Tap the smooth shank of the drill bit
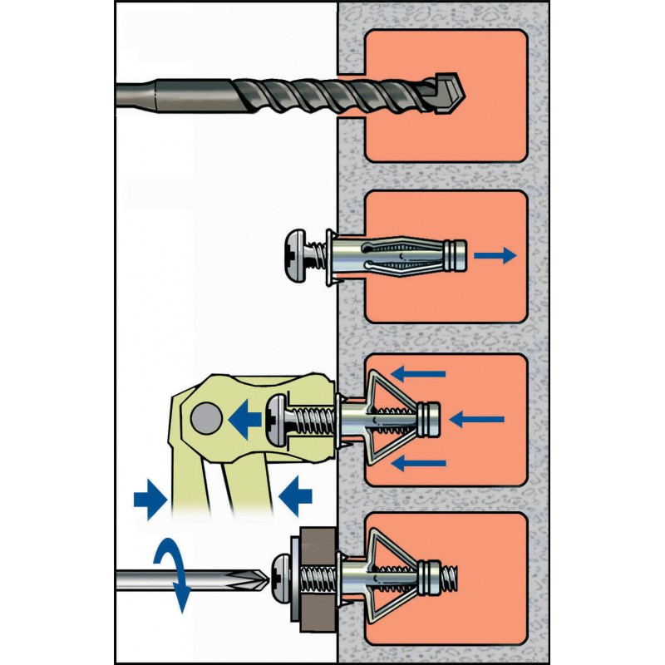coord(166,91)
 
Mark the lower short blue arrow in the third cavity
coord(420,462)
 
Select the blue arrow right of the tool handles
coord(295,498)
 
